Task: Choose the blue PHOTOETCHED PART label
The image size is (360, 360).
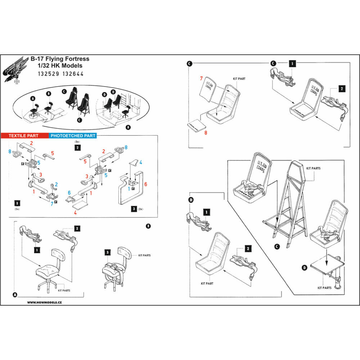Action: pos(73,136)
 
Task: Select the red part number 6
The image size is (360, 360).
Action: pos(145,184)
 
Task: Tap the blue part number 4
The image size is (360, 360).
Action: pos(140,163)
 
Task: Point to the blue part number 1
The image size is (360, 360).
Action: pos(129,188)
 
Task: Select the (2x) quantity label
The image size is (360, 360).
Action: pos(141,209)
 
